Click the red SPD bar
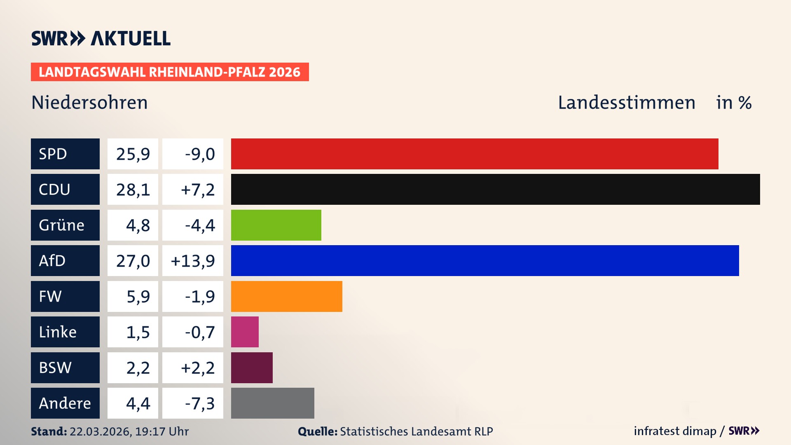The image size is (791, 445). coord(475,154)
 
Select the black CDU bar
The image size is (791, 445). coord(495,190)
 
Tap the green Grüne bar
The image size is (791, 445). coord(276,225)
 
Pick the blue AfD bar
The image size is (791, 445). coord(485,260)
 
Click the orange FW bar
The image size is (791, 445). coord(286,296)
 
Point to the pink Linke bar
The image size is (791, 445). coord(245,332)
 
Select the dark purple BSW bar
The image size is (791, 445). coord(252,368)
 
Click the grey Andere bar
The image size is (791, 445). coord(272,403)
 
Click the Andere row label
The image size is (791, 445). coord(65,403)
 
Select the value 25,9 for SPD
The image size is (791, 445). coord(133,154)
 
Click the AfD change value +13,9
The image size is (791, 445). coord(193,260)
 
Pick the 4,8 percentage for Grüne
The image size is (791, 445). coord(138,225)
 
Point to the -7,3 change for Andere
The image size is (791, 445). coord(199,403)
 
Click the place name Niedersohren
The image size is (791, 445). coord(89,103)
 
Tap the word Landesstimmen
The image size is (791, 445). coord(626,103)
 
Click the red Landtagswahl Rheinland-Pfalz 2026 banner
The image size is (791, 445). coord(169,72)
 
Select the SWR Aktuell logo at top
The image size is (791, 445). coord(101,38)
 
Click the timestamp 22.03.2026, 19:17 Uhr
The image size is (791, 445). coord(129,431)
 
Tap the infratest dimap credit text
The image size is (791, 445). coord(675,431)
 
